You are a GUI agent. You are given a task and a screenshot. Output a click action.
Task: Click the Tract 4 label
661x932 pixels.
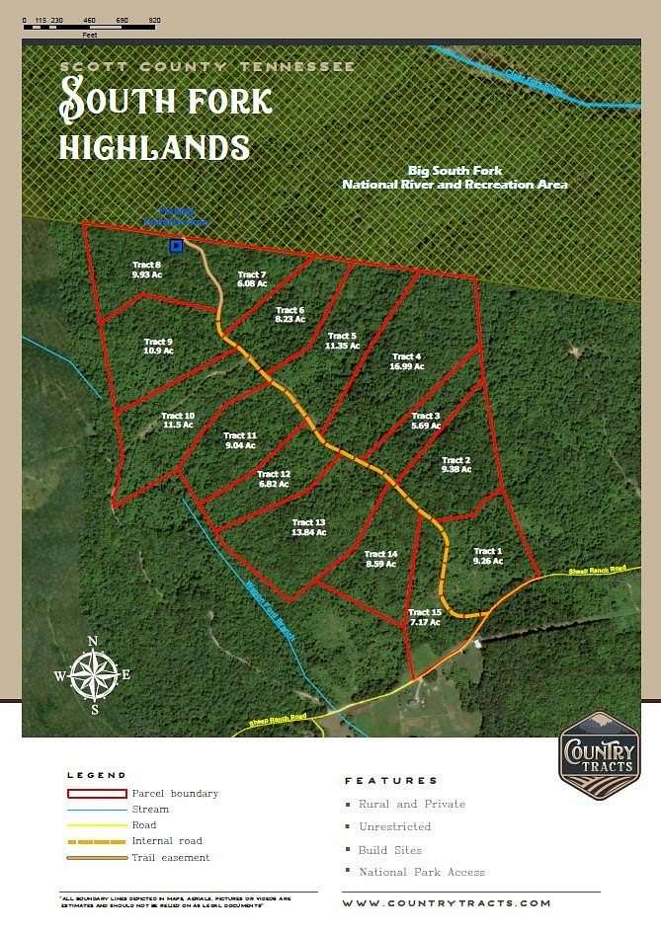[x=407, y=361]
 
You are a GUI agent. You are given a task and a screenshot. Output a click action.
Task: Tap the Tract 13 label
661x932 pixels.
[x=308, y=527]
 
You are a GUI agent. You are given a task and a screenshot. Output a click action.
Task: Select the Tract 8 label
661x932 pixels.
[x=146, y=270]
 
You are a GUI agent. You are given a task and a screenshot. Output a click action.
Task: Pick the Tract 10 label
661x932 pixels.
[x=178, y=421]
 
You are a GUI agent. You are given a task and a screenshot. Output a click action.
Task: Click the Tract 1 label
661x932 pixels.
[x=488, y=556]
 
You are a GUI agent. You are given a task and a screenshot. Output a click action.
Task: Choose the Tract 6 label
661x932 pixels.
[x=289, y=315]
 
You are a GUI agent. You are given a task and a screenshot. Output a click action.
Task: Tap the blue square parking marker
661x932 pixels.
[x=176, y=246]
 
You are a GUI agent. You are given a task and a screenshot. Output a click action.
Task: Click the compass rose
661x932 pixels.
[x=92, y=676]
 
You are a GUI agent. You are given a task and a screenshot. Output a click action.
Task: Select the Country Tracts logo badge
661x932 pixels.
[x=599, y=754]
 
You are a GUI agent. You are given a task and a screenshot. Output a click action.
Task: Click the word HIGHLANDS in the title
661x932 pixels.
[x=153, y=147]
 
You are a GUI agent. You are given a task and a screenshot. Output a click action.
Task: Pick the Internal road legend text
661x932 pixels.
[x=167, y=841]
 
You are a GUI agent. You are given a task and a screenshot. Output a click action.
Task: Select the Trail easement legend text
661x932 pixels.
[x=171, y=857]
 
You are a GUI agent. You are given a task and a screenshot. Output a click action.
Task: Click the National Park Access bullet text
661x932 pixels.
[x=422, y=872]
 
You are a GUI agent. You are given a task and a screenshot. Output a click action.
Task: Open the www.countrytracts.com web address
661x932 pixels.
[x=446, y=903]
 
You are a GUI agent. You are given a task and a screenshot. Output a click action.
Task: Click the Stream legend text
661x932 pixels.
[x=150, y=809]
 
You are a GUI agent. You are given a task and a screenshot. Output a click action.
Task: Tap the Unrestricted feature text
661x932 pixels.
[x=395, y=826]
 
